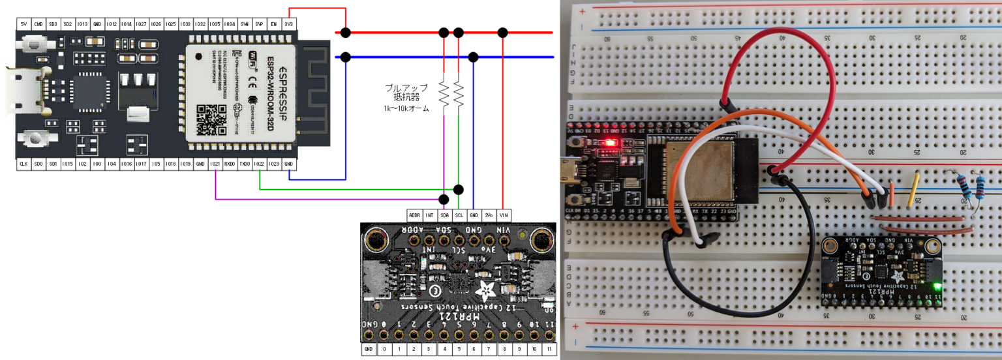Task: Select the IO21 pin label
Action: pyautogui.click(x=215, y=164)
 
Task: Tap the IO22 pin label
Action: pyautogui.click(x=260, y=164)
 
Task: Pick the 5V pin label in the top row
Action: pyautogui.click(x=23, y=24)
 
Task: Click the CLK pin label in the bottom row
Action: pyautogui.click(x=23, y=164)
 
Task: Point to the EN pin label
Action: pyautogui.click(x=274, y=24)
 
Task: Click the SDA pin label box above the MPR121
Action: pyautogui.click(x=444, y=215)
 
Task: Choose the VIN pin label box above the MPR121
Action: pyautogui.click(x=503, y=215)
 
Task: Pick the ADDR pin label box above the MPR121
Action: pyautogui.click(x=414, y=215)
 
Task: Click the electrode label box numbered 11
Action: pyautogui.click(x=549, y=350)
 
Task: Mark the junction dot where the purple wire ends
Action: pyautogui.click(x=444, y=199)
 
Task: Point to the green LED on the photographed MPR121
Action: pyautogui.click(x=937, y=286)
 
